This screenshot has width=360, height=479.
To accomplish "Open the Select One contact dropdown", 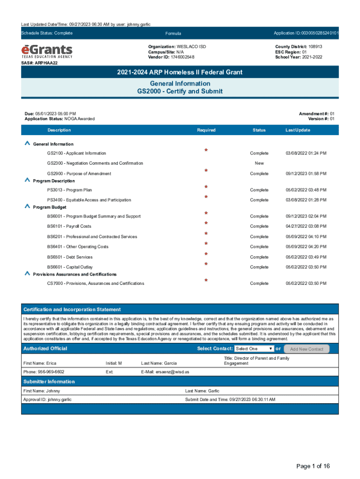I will coord(254,349).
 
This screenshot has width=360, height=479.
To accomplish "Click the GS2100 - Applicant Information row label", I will coord(76,153).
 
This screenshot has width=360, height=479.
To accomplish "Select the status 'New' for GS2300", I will coord(259,163).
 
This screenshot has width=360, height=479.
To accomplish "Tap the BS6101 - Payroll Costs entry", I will coord(69,226).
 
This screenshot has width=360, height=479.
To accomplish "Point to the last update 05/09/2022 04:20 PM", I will coord(306,247).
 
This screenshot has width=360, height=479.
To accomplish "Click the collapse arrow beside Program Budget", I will coord(27,207).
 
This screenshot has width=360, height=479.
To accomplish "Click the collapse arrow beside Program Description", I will coord(27,180).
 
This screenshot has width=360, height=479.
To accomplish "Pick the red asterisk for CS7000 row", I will coord(206,281).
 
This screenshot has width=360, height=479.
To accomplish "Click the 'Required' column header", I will coord(206,130).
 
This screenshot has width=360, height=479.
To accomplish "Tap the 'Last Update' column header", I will coord(298,130).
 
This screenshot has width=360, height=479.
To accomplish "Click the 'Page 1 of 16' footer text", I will coord(313,466).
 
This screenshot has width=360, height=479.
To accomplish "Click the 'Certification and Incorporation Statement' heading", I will coord(72,310).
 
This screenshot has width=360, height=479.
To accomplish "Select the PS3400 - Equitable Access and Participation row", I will coord(89,200).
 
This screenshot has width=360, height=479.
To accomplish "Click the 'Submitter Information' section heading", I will coord(49,382).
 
